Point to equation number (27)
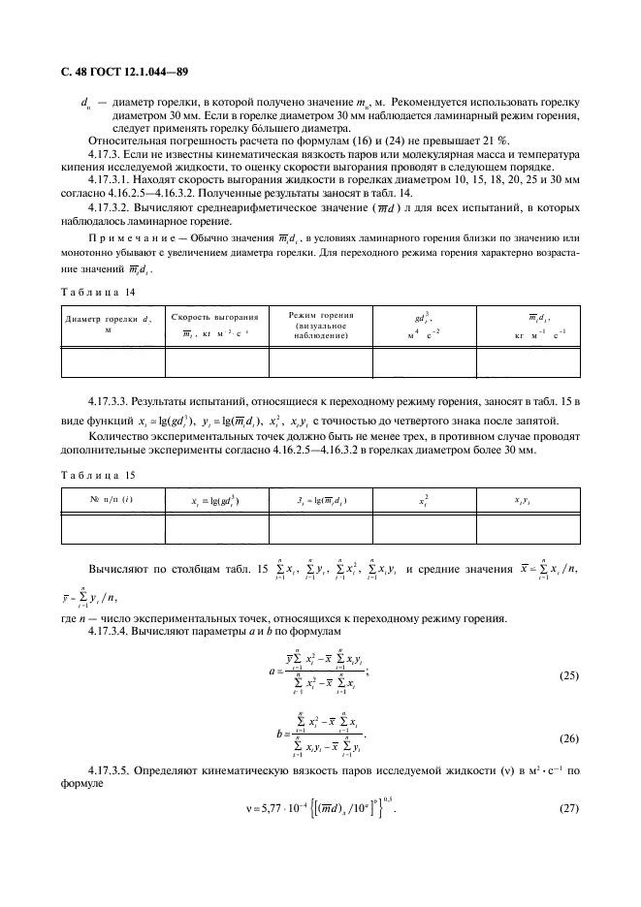[x=568, y=808]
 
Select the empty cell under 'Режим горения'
[x=321, y=360]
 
